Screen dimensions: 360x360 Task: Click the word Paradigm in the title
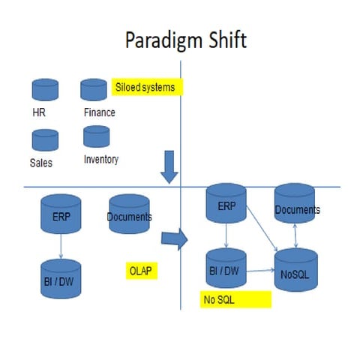click(x=160, y=40)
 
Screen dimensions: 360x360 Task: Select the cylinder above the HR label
click(x=44, y=91)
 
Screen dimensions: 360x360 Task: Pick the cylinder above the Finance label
click(x=94, y=90)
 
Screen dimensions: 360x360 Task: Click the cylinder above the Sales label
click(x=45, y=139)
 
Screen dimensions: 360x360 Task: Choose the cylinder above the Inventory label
click(x=96, y=136)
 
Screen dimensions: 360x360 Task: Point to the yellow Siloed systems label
click(x=146, y=87)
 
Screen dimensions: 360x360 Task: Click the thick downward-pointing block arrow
click(x=170, y=166)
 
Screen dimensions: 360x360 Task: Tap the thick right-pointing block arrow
click(x=174, y=239)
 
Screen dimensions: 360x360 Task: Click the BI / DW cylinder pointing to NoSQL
click(x=226, y=268)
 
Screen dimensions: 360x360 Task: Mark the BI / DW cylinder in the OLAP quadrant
click(x=59, y=278)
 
